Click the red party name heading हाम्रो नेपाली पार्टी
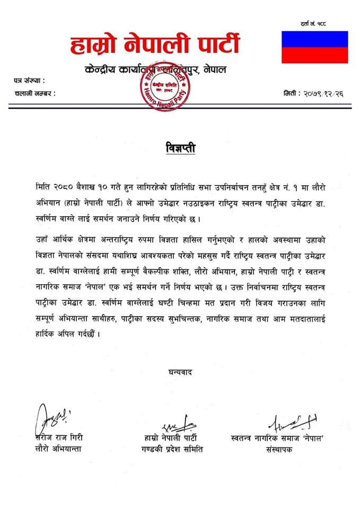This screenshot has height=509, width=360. click(155, 45)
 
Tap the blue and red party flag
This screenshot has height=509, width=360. click(314, 47)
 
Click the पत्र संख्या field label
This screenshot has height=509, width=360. click(30, 81)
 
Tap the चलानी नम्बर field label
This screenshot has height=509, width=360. click(35, 93)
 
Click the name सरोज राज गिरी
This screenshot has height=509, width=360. click(59, 438)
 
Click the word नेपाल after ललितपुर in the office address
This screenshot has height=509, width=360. click(215, 69)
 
